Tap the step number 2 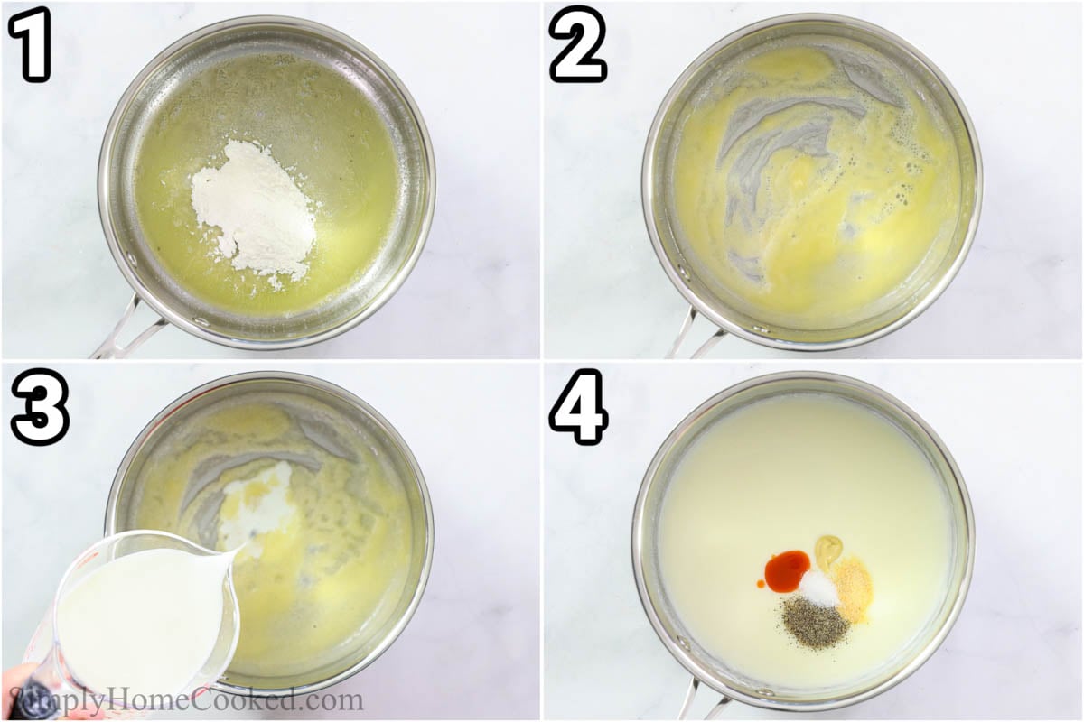[x=578, y=44]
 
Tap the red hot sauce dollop [x=787, y=569]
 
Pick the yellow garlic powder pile [x=853, y=588]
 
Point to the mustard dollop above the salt [x=827, y=549]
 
